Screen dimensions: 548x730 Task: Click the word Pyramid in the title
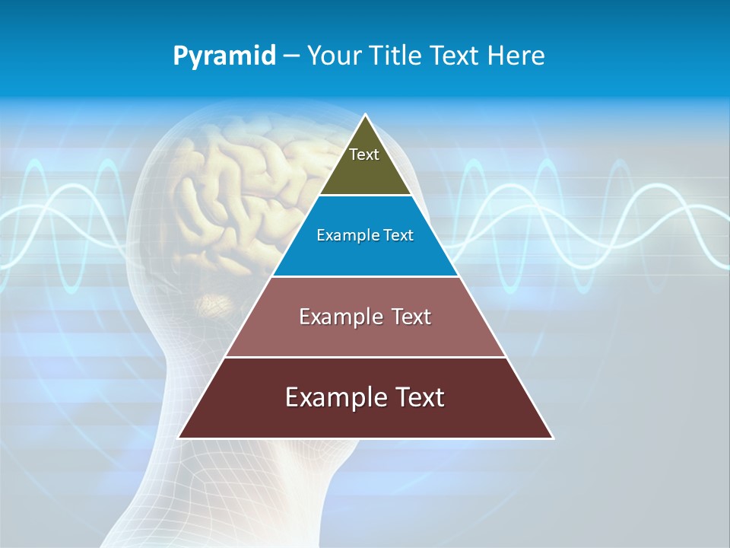(x=224, y=56)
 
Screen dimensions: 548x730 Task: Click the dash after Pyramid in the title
(x=291, y=56)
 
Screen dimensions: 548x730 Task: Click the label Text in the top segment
(x=364, y=155)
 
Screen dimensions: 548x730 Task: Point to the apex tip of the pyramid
(x=366, y=116)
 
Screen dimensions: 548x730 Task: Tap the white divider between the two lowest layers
(x=365, y=357)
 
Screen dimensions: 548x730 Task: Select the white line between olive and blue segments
(x=365, y=196)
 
